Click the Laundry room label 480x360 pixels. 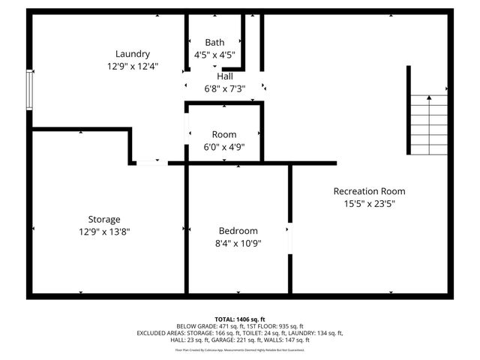132,54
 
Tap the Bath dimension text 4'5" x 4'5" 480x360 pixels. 214,55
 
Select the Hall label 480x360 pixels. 224,76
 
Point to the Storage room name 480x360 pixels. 104,219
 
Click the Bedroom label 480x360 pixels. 238,231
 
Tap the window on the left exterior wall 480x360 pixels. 30,89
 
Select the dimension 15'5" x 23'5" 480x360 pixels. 369,203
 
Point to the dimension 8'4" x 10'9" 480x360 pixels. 238,243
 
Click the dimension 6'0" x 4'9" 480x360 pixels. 223,146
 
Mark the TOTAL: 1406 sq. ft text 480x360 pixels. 240,319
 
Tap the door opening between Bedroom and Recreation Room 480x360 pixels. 289,238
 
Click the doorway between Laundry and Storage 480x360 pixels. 152,162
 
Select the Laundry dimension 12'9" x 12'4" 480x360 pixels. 132,66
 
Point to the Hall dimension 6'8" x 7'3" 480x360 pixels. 224,88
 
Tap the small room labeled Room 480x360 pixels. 223,134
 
